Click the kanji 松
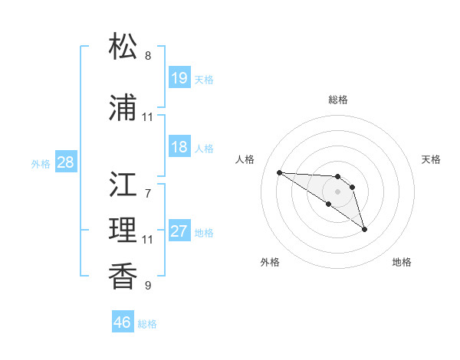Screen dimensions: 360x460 click(123, 47)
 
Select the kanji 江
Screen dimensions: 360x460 click(123, 185)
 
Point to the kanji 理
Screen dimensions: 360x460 click(123, 231)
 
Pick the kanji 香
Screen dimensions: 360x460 click(123, 277)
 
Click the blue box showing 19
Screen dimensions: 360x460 click(179, 78)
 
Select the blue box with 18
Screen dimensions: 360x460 click(179, 147)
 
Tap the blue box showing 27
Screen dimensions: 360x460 click(179, 231)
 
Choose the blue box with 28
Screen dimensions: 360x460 click(65, 162)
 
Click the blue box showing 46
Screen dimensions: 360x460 click(122, 322)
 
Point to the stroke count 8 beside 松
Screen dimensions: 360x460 click(148, 56)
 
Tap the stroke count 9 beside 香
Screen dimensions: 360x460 click(148, 286)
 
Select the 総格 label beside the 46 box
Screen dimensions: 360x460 click(147, 324)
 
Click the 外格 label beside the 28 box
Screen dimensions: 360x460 click(41, 163)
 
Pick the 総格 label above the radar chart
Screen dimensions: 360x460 click(337, 100)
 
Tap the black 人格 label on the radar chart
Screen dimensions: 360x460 click(245, 159)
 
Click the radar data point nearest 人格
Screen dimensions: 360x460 click(279, 172)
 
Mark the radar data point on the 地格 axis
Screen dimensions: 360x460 click(364, 229)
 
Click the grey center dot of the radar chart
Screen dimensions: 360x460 click(337, 191)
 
